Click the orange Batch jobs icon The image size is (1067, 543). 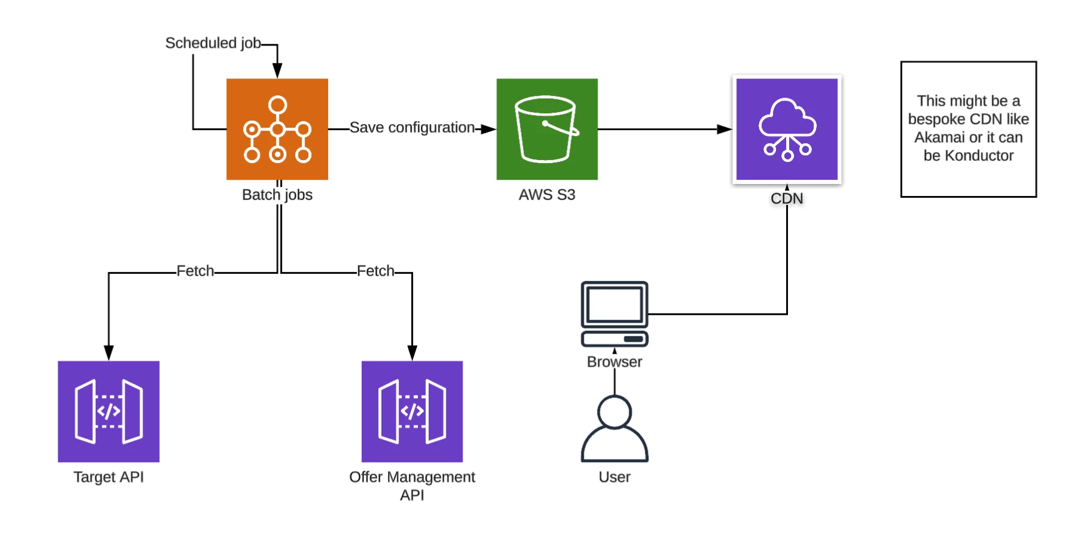point(277,129)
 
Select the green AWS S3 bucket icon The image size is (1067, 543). point(547,129)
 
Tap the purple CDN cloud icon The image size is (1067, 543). point(787,129)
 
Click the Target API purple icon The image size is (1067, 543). point(108,411)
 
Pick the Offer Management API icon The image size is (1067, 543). point(412,411)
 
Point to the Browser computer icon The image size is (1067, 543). point(614,313)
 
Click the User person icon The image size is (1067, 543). point(614,428)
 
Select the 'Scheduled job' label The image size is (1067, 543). point(213,43)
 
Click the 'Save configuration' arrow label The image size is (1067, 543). point(412,128)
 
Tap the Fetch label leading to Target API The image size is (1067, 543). point(195,271)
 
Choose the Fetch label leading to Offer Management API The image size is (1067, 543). point(375,271)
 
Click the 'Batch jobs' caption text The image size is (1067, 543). point(277,195)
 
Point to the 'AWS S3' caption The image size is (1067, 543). point(547,195)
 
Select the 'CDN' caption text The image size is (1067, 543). point(787,198)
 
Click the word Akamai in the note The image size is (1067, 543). point(938,138)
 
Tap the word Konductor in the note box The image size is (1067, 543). point(979,156)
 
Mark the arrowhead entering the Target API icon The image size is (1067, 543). point(108,353)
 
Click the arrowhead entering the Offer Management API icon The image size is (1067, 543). point(412,353)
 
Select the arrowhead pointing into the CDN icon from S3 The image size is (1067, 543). point(725,129)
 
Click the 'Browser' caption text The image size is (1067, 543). point(614,362)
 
